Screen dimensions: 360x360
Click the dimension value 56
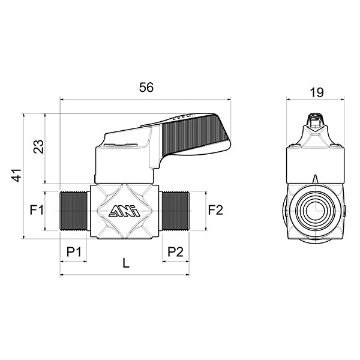[x=146, y=87]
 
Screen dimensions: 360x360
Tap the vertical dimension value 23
[x=38, y=147]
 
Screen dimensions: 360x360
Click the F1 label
[x=37, y=210]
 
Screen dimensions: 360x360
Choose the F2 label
[x=215, y=210]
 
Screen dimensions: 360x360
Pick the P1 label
[x=73, y=251]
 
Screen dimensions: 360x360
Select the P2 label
[x=175, y=251]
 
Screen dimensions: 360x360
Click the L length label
[x=125, y=262]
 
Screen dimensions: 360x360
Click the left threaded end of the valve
[x=75, y=211]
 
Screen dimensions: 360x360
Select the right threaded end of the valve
[x=174, y=211]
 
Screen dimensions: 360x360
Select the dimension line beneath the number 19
[x=316, y=100]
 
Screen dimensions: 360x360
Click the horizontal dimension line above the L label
[x=125, y=275]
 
